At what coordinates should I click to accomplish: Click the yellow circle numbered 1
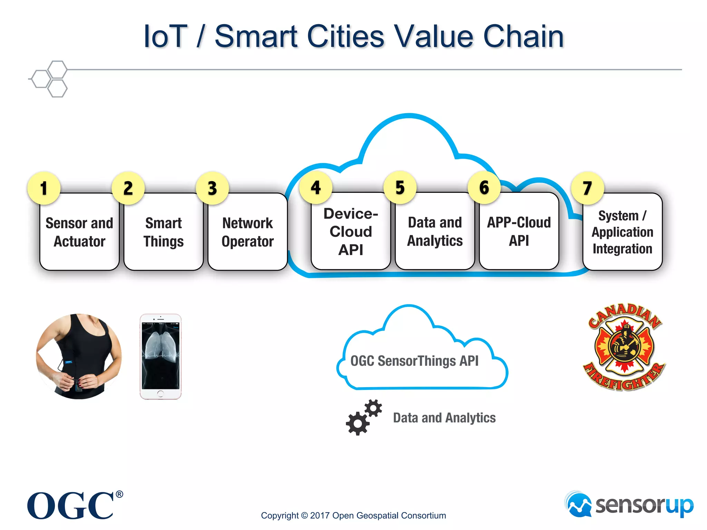44,188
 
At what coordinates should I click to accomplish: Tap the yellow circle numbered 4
316,187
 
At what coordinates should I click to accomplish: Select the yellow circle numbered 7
588,188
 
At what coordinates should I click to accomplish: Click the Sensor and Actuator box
79,232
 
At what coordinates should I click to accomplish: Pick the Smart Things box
164,232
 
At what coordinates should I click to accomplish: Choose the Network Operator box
248,232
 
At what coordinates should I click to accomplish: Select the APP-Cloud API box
519,232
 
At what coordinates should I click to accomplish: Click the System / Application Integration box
622,232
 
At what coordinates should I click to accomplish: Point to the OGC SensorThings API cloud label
414,361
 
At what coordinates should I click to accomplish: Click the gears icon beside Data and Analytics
364,418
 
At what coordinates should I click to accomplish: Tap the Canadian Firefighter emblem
624,347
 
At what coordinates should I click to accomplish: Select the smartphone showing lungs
161,356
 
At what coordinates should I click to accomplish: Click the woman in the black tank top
79,356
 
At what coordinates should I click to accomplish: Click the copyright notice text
353,516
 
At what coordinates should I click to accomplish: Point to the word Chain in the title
523,37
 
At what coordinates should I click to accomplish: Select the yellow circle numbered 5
400,187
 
